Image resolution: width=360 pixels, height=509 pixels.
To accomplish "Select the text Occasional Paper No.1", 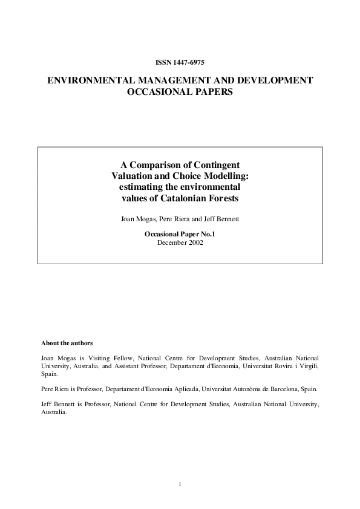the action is click(180, 233).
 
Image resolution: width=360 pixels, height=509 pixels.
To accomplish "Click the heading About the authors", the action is click(67, 342).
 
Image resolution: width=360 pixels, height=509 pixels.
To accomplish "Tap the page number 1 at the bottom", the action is click(180, 484).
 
